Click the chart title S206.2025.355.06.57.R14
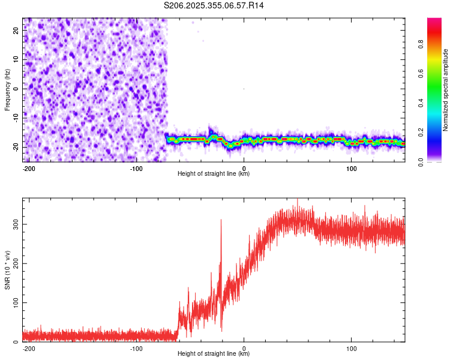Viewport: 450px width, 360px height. click(x=214, y=5)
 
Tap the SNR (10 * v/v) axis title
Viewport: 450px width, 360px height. click(x=7, y=269)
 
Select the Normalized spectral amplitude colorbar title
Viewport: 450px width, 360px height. click(x=446, y=90)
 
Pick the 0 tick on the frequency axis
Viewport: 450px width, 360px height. click(x=16, y=89)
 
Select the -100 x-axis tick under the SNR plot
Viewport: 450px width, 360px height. click(x=136, y=348)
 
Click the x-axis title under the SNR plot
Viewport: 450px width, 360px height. click(x=214, y=354)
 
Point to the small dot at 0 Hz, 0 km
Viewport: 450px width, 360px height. click(x=244, y=89)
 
